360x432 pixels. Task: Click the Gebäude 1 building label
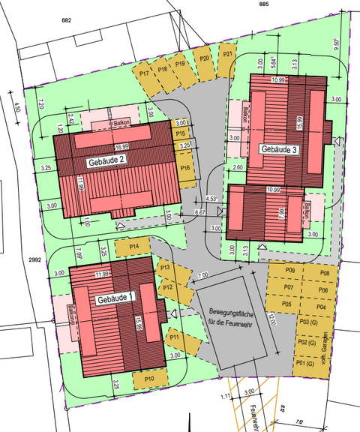pos(115,298)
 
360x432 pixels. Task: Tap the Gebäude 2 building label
pos(110,161)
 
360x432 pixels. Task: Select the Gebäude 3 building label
pos(280,149)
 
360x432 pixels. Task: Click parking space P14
pos(133,246)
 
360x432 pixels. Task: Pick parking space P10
pos(149,379)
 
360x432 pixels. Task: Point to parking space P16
pos(184,167)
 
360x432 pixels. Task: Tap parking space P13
pos(166,268)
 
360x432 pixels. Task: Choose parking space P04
pos(320,307)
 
